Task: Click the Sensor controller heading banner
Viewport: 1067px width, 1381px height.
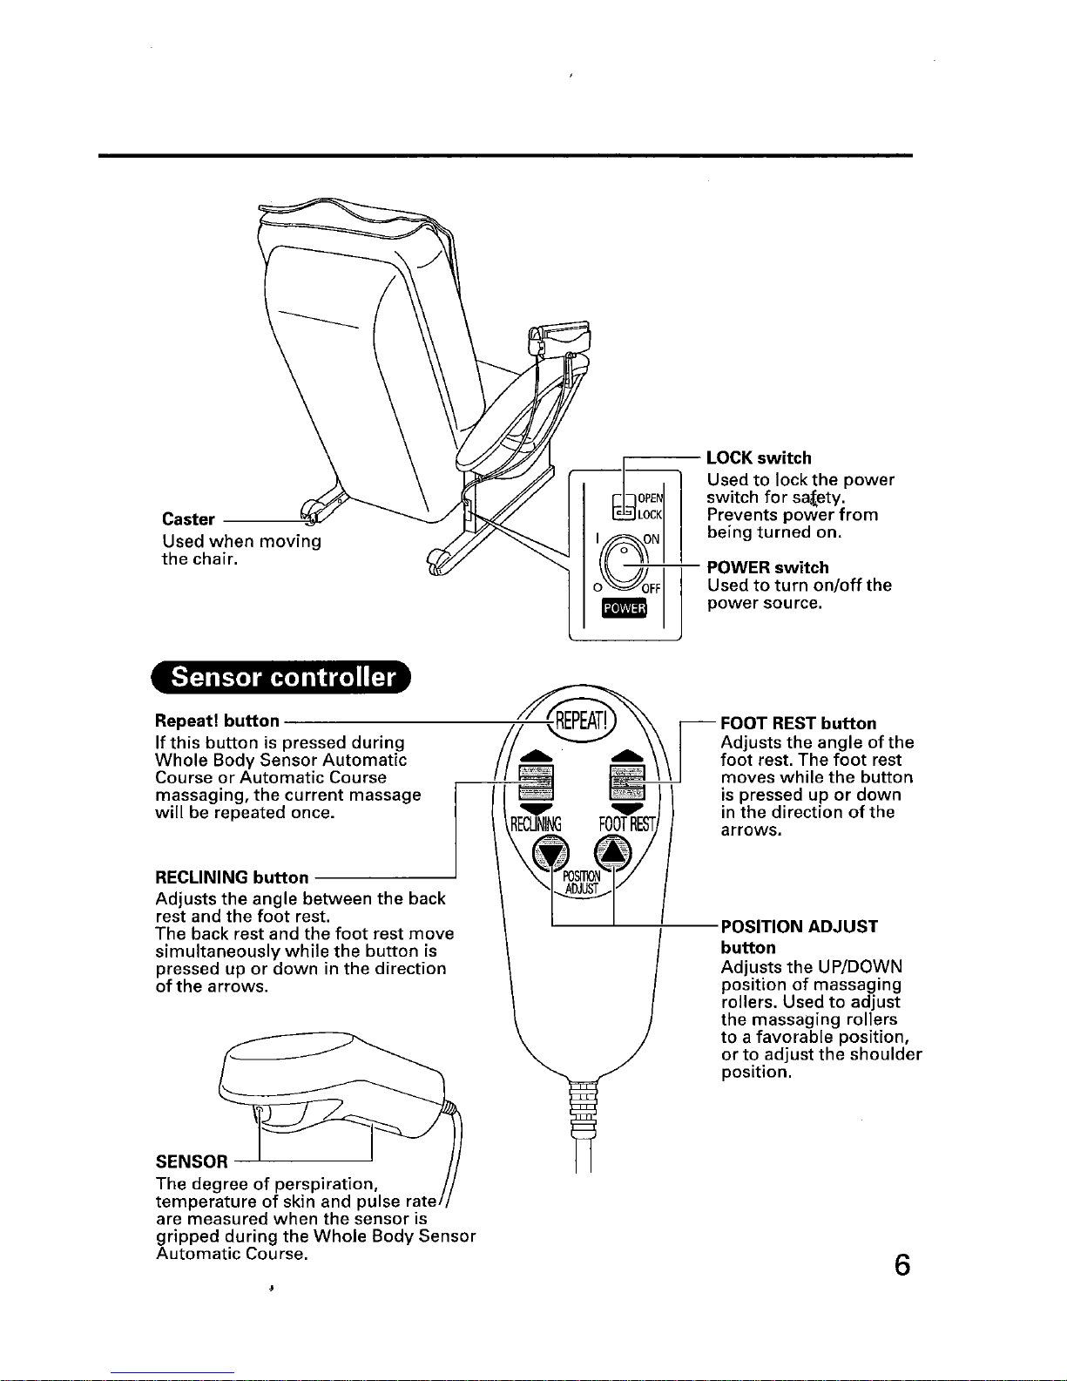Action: [282, 678]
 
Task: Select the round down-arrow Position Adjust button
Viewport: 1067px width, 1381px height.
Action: [550, 852]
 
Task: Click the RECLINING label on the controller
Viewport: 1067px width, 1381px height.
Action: [537, 823]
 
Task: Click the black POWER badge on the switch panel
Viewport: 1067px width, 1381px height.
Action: [624, 608]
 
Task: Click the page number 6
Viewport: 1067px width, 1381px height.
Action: [902, 1264]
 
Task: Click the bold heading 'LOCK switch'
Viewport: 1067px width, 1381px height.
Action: [759, 458]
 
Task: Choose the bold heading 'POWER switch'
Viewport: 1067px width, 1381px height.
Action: [767, 568]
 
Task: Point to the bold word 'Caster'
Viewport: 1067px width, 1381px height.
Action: [188, 520]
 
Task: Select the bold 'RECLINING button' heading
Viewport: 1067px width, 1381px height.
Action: [232, 877]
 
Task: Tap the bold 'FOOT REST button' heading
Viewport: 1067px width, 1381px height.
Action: [799, 723]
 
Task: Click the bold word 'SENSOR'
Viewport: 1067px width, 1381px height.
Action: [192, 1161]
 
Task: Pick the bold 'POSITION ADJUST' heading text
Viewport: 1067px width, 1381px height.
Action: [800, 926]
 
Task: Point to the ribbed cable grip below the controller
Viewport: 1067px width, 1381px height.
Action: [583, 1107]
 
